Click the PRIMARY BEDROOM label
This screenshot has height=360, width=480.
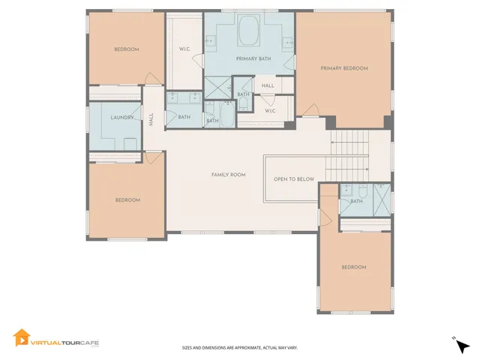tap(344, 68)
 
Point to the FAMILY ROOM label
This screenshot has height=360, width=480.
tap(228, 175)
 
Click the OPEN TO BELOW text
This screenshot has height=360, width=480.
tap(294, 179)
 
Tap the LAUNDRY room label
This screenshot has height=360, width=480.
tap(122, 118)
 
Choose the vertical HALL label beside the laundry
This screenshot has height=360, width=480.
tap(151, 118)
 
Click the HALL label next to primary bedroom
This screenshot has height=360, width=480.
tap(268, 86)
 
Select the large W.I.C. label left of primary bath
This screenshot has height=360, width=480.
tap(184, 49)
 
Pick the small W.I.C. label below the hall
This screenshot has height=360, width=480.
tap(270, 111)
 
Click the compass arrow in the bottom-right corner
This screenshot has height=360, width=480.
tap(463, 346)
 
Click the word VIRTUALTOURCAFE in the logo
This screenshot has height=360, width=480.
tap(64, 343)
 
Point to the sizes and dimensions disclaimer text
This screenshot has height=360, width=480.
tap(240, 348)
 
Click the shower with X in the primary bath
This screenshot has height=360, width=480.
tap(218, 88)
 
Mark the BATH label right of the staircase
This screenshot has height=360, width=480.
tap(357, 201)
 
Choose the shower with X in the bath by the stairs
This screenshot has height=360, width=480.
tap(382, 199)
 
